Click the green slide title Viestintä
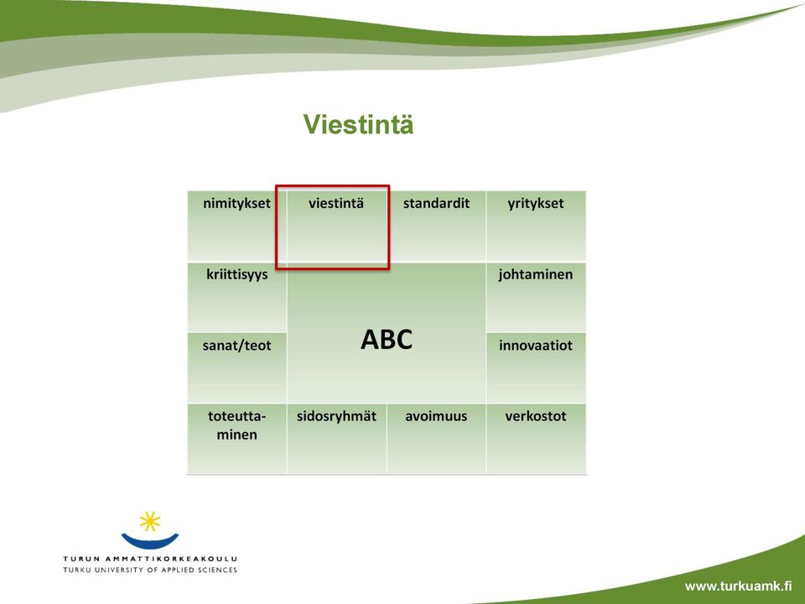(x=358, y=124)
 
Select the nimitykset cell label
(x=236, y=203)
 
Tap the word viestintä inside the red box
(x=336, y=203)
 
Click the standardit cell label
(x=436, y=203)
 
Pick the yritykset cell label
(x=536, y=204)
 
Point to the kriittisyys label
(x=237, y=275)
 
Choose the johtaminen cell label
(x=536, y=275)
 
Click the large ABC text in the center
(x=387, y=340)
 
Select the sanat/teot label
(x=236, y=346)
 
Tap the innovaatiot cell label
(x=536, y=345)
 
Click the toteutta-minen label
(x=236, y=425)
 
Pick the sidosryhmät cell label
(x=336, y=417)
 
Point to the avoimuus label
(x=436, y=417)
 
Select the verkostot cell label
(x=536, y=417)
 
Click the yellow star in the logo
(x=150, y=521)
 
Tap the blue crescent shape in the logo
(x=150, y=541)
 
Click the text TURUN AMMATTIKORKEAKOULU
(x=150, y=559)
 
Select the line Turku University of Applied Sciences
(x=150, y=570)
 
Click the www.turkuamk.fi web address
(x=738, y=586)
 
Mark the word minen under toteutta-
(x=236, y=435)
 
